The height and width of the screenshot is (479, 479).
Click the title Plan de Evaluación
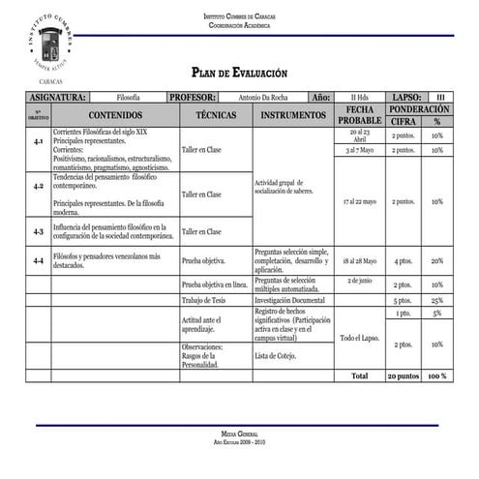[239, 73]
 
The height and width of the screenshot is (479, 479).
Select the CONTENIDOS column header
[115, 115]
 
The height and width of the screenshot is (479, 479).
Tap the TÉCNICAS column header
[216, 115]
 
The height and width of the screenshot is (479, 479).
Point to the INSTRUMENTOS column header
[293, 115]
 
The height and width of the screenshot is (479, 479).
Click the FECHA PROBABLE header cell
[359, 115]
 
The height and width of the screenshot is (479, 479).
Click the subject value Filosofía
[128, 98]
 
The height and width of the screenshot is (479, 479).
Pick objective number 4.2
[39, 186]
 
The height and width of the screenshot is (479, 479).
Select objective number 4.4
[39, 261]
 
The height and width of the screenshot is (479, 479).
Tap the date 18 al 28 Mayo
[359, 261]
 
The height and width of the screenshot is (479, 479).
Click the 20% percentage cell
[437, 261]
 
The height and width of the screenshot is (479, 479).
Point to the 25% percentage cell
[437, 301]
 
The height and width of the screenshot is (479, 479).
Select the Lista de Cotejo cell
[275, 356]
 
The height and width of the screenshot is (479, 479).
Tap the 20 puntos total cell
[403, 375]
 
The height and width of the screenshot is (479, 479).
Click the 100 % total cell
[437, 375]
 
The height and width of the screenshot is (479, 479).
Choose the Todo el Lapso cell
[359, 337]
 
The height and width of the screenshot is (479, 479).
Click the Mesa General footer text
[239, 435]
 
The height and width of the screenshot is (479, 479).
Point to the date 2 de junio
[359, 281]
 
